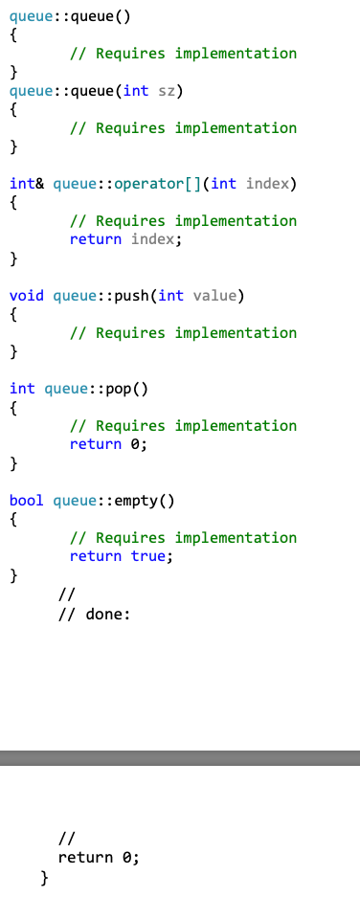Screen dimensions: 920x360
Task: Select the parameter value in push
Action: (214, 296)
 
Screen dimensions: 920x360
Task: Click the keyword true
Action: (148, 556)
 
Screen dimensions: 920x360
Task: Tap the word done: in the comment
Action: (107, 614)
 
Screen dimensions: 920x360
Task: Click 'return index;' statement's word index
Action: (153, 239)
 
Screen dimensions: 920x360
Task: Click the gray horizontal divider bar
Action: (180, 758)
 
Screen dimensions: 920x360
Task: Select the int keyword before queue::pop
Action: (22, 389)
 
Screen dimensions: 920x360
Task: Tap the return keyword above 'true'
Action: (96, 556)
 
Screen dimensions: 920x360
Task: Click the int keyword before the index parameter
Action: (223, 184)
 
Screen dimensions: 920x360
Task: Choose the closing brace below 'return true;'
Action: (13, 575)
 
